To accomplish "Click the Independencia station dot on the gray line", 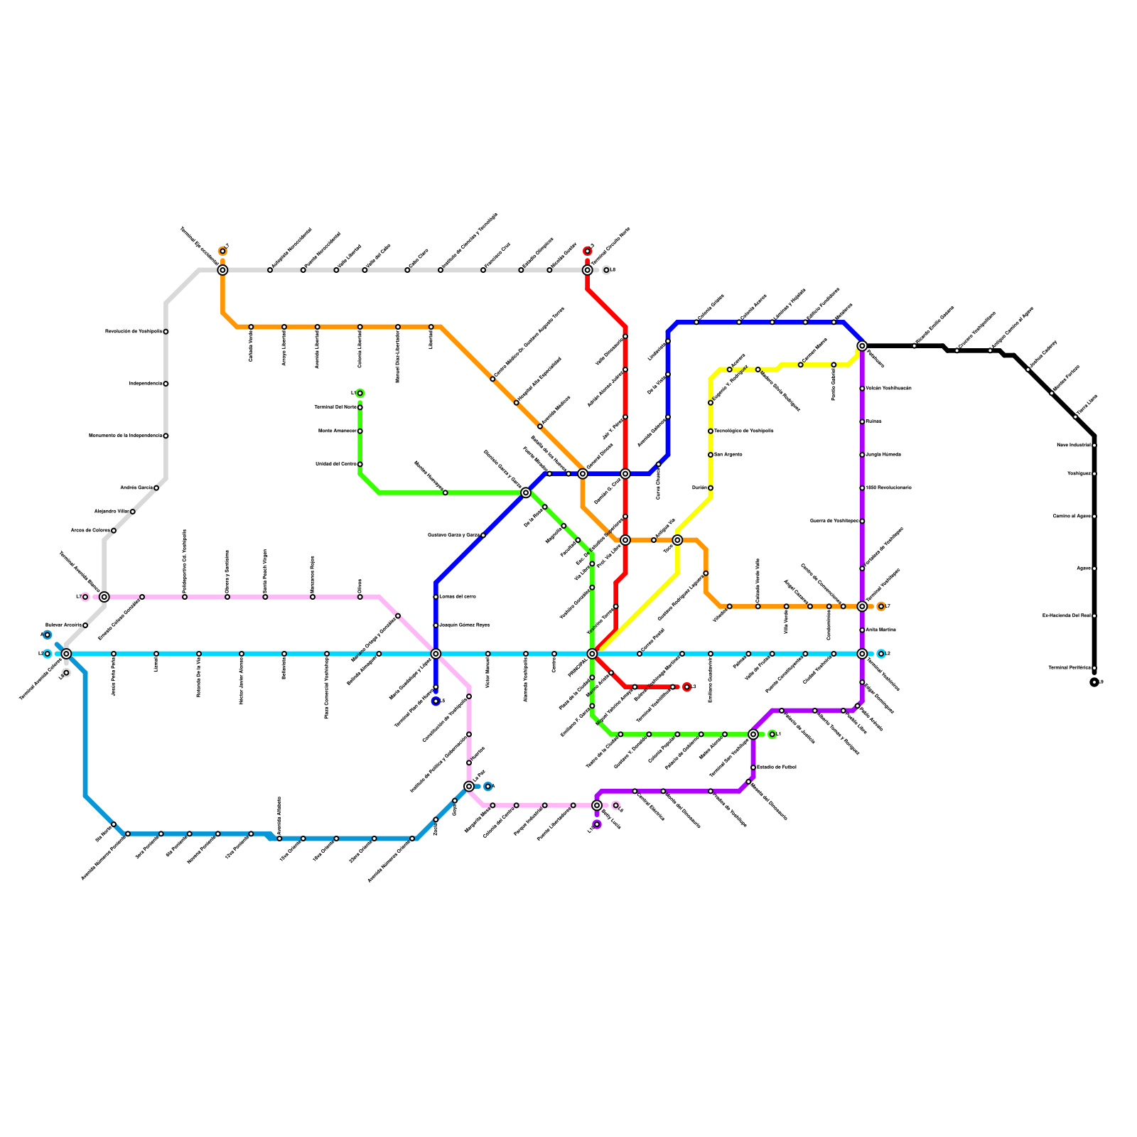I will (x=166, y=384).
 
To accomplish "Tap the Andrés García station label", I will (x=136, y=488).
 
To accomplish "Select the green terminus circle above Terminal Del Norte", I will (x=360, y=393).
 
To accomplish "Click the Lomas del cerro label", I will (x=458, y=597).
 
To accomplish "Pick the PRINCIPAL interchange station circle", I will (x=592, y=654).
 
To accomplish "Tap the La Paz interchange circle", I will (x=469, y=787).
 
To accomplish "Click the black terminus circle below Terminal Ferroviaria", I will (x=1094, y=682).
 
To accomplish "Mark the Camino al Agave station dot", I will (x=1094, y=517).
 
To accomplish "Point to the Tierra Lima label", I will (x=1087, y=405).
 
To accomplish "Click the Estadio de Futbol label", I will (x=776, y=767).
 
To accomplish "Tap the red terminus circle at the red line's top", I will (x=588, y=251).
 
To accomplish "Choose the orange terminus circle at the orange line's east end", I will (x=881, y=606).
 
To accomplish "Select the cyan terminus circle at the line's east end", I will (x=881, y=654).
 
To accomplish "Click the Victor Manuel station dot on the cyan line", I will (x=488, y=654).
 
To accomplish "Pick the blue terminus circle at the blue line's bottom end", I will (x=436, y=701).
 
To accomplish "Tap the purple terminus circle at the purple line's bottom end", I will (x=597, y=824).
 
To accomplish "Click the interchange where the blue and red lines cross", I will (x=625, y=474).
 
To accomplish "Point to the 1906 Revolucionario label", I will (x=888, y=488).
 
